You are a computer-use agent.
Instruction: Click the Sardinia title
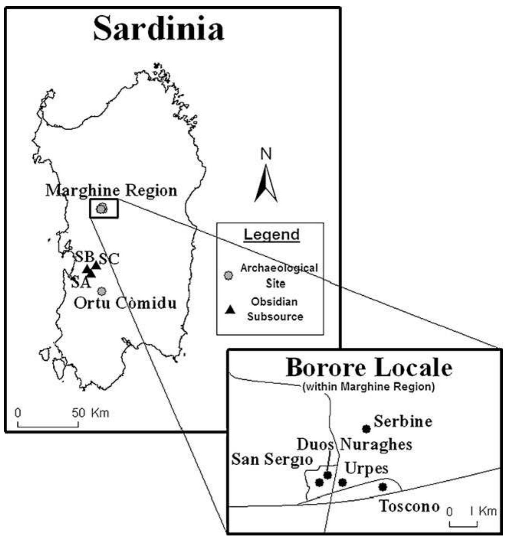(158, 29)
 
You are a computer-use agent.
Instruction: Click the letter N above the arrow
(266, 154)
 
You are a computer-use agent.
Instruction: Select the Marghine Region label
(111, 190)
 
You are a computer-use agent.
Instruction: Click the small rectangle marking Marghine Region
(104, 209)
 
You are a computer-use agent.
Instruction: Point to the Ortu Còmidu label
(125, 303)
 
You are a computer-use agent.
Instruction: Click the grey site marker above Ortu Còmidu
(101, 291)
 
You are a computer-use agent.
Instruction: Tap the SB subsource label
(84, 257)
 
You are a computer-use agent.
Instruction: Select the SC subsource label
(109, 259)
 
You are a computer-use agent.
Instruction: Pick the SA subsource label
(80, 283)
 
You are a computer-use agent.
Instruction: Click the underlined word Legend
(271, 234)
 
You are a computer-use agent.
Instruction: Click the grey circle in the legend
(229, 275)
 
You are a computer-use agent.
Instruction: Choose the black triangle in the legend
(230, 309)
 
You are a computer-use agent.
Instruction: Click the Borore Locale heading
(369, 368)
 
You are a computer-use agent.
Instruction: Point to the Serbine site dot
(366, 429)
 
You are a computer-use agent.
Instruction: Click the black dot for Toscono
(382, 487)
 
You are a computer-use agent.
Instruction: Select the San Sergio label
(272, 459)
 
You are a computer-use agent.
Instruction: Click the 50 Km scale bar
(48, 424)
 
